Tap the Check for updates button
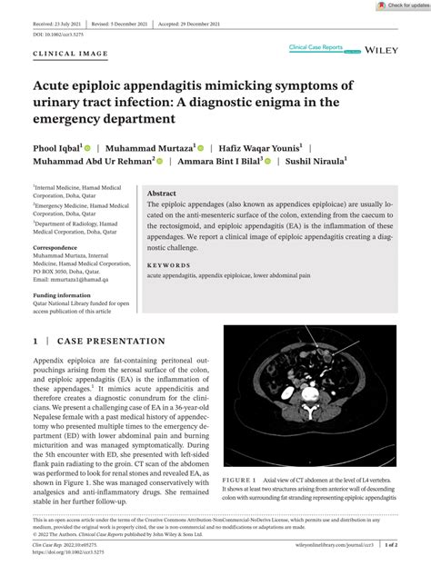401,5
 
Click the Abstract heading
162,194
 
